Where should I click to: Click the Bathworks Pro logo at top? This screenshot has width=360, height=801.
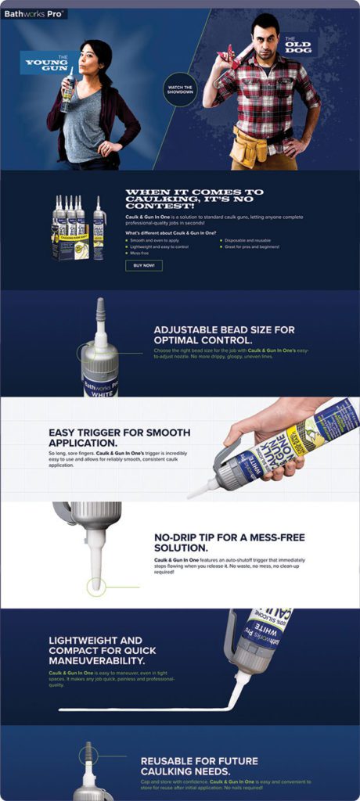point(34,13)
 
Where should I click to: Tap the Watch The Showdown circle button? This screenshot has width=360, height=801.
point(179,87)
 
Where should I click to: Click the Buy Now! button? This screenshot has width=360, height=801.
point(144,265)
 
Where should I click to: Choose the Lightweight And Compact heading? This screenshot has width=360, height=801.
point(102,650)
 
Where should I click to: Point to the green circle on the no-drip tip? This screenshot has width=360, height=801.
point(95,585)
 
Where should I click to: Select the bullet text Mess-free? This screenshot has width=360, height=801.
point(141,253)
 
